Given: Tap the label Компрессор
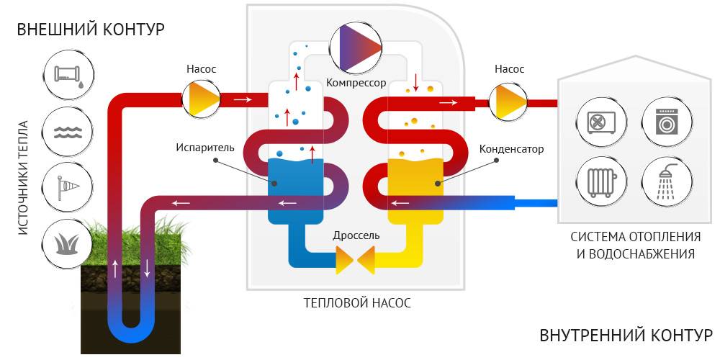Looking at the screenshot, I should (356, 83).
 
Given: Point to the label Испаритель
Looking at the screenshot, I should (205, 148).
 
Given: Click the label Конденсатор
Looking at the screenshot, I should (511, 149).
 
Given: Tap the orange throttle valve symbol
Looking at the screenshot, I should (356, 260).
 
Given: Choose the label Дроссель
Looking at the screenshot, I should (356, 235).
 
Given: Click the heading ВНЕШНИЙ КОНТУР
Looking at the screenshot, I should (91, 30).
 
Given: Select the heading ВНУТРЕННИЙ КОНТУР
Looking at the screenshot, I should (626, 336).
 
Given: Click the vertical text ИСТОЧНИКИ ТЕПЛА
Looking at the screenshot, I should (23, 177).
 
